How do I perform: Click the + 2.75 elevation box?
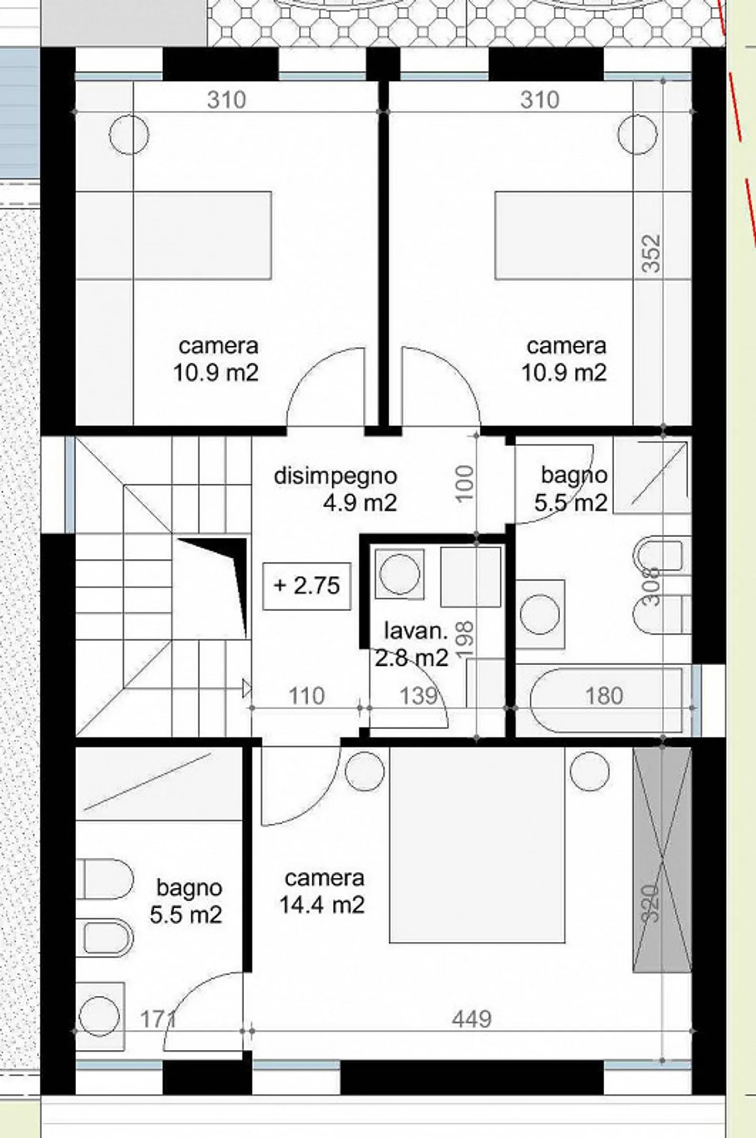coord(307,586)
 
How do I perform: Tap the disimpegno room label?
coord(335,476)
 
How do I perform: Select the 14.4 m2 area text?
coord(322,905)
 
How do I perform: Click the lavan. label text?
coord(416,631)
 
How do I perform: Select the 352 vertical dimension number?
coord(652,253)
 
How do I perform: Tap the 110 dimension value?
coord(307,696)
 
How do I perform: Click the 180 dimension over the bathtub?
coord(604,696)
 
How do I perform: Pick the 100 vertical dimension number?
coord(466,483)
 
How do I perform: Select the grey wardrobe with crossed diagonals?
coord(661,860)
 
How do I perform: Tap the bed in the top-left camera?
coord(202,235)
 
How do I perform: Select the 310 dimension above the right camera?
coord(540,100)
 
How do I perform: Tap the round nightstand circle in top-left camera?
coord(129,134)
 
